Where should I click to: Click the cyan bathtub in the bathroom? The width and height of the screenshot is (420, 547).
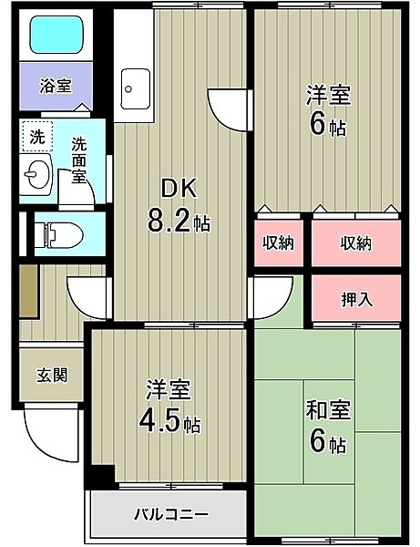(x=56, y=35)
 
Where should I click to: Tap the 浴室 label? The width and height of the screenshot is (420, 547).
(x=56, y=86)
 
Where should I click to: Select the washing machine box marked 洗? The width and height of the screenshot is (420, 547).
(x=37, y=137)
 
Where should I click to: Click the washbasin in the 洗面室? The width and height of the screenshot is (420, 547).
(x=36, y=174)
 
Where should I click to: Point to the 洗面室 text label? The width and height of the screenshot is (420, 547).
(x=79, y=160)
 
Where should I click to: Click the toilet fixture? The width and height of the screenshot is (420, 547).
(x=58, y=235)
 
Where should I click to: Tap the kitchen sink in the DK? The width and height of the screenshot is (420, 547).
(x=136, y=89)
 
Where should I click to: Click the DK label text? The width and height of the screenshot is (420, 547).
(x=179, y=189)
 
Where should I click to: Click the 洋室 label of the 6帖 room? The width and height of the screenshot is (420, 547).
(x=328, y=95)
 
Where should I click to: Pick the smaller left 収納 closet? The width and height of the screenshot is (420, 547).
(x=279, y=243)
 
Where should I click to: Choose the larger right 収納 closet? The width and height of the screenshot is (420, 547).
(x=356, y=243)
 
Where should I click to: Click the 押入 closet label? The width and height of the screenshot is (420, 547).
(x=356, y=299)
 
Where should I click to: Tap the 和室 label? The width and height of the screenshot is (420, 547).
(x=328, y=410)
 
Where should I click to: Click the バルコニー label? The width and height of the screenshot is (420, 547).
(x=171, y=514)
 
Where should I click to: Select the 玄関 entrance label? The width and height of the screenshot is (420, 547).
(x=52, y=376)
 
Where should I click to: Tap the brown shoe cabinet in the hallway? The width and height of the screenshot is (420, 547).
(x=28, y=292)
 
